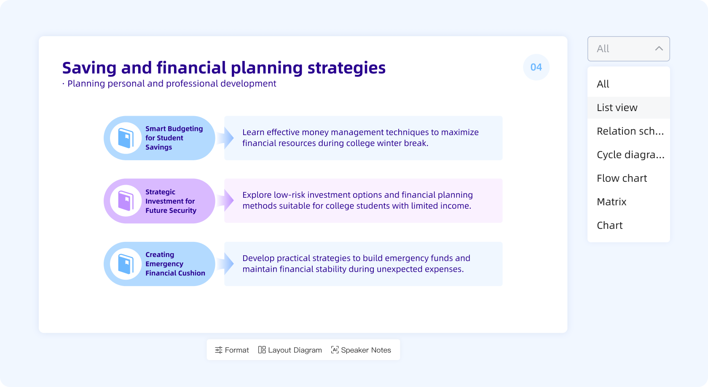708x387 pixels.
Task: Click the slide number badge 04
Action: (536, 67)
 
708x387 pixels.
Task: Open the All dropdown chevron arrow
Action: (659, 49)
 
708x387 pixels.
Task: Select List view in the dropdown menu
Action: (617, 108)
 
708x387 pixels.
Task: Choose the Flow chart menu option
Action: (622, 178)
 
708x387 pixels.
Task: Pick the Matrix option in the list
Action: (611, 202)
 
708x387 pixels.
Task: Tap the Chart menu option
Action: (609, 225)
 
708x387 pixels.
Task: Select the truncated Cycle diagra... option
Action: (630, 155)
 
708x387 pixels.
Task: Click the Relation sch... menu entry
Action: (630, 131)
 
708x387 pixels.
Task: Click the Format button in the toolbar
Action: (232, 350)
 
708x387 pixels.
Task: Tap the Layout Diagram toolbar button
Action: (290, 350)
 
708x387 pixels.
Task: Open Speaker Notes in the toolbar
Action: (361, 350)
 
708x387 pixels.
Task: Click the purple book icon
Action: (126, 201)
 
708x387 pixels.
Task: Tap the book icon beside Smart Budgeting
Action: (126, 138)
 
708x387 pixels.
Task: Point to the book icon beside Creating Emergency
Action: (126, 264)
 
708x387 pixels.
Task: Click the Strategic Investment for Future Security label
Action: (171, 201)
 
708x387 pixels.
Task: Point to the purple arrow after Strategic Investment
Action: (228, 201)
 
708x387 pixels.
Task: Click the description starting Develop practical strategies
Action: (356, 264)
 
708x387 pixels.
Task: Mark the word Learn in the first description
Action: (253, 133)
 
